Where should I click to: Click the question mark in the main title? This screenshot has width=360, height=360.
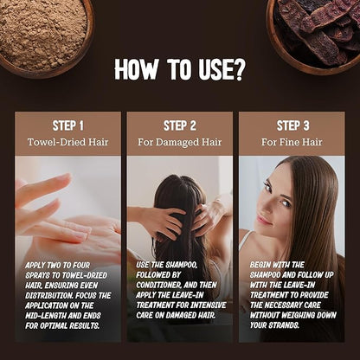tap(236, 69)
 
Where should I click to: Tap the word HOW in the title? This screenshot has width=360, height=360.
tap(136, 69)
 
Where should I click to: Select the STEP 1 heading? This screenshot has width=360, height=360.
tap(67, 125)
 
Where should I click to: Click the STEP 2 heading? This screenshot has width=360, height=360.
tap(180, 125)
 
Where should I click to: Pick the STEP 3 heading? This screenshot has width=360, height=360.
tap(292, 125)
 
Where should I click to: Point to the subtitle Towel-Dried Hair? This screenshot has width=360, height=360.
tap(67, 142)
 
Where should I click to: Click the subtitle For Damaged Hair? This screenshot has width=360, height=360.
tap(179, 142)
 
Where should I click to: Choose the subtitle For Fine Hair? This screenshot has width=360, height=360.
tap(292, 142)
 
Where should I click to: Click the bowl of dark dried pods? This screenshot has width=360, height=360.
tap(314, 35)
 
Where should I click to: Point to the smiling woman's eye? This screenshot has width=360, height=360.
tap(286, 203)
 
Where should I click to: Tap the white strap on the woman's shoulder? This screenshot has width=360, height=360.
tap(245, 241)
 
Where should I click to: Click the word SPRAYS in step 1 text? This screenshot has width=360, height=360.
tap(37, 275)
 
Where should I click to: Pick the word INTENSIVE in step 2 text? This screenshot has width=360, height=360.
tap(209, 305)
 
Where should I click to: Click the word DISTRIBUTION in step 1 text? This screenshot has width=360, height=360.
tap(48, 296)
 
